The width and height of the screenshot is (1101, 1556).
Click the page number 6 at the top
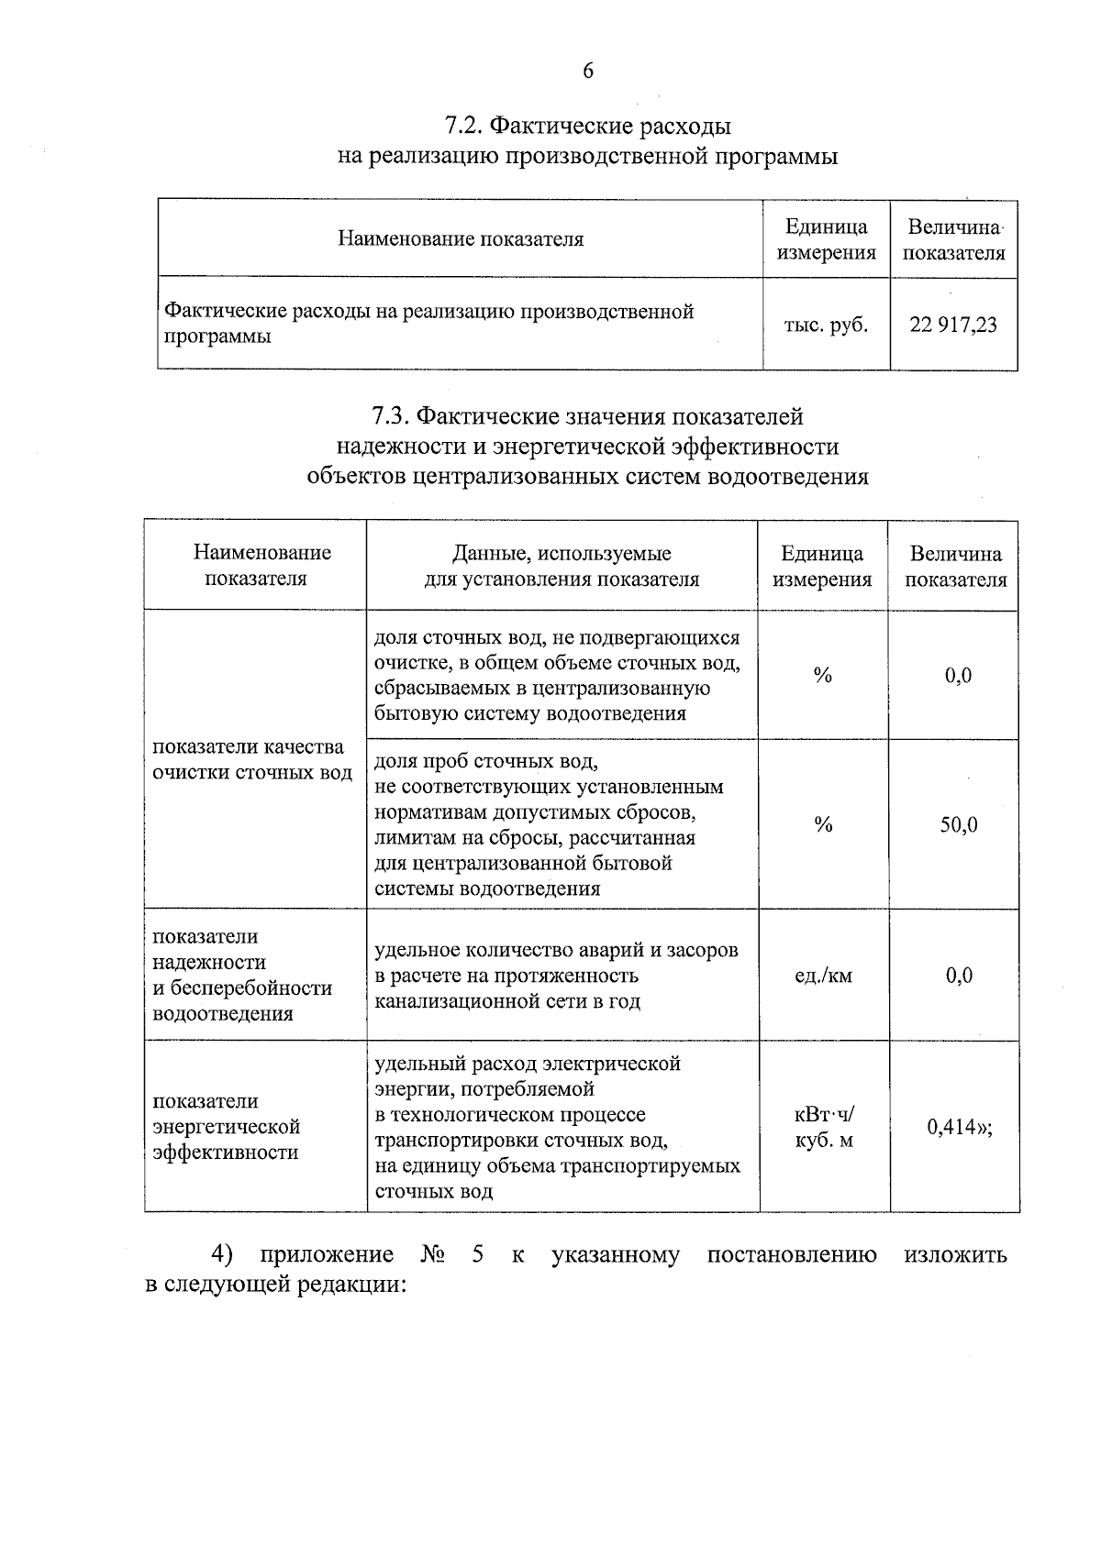587,72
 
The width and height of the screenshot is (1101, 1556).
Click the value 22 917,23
953,325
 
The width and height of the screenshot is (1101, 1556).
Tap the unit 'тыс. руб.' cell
826,325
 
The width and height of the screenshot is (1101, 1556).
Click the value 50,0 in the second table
958,825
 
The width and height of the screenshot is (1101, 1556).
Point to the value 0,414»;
960,1128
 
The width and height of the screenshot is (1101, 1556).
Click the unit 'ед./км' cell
823,976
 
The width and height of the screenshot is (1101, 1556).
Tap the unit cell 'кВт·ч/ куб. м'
823,1128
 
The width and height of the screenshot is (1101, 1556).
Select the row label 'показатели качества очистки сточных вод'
252,759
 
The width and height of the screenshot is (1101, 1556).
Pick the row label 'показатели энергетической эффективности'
226,1127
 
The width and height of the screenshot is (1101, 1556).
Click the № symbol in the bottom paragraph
433,1254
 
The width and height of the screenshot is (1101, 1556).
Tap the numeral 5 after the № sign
477,1254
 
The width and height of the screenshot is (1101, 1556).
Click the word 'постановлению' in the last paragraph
791,1254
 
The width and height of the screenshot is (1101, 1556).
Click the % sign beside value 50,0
823,825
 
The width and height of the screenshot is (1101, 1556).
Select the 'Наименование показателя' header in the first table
461,240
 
